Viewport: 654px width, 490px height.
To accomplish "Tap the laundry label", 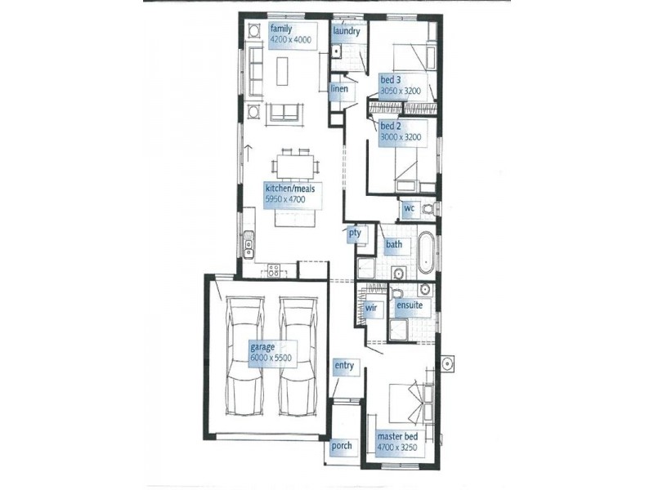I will coord(347,31).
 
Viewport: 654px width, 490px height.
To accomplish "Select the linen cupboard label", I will coord(339,88).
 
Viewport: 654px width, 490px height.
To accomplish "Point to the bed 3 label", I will coord(390,80).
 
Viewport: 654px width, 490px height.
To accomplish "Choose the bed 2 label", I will coord(389,127).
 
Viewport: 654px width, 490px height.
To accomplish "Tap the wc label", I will coord(410,209).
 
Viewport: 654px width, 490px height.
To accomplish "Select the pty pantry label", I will coord(355,234).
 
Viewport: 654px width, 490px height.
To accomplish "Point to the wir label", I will coord(370,309).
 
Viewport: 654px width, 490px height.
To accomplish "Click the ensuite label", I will coord(409,305).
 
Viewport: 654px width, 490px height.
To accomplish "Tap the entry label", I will coord(344,365).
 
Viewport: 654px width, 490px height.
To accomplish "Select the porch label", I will coord(342,447).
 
